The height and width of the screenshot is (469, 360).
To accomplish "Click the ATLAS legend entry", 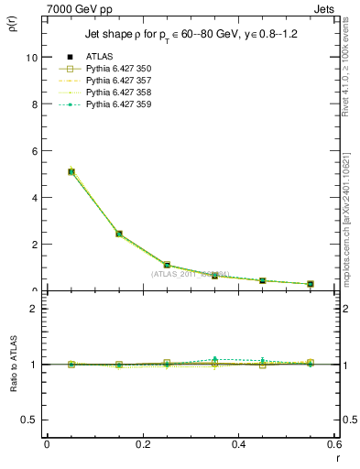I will tap(98, 57).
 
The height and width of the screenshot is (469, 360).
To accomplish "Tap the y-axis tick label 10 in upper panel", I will tap(31, 57).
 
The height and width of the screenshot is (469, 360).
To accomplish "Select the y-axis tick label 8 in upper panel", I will tap(34, 104).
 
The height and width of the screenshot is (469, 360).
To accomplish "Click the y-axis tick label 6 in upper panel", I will tap(34, 150).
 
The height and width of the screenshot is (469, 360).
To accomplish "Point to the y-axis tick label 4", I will tap(34, 198).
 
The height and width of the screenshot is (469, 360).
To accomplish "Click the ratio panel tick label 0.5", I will tap(29, 420).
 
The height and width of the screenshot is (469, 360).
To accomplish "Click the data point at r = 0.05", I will tap(71, 171).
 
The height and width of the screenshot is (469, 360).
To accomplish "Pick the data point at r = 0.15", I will tap(119, 234).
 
